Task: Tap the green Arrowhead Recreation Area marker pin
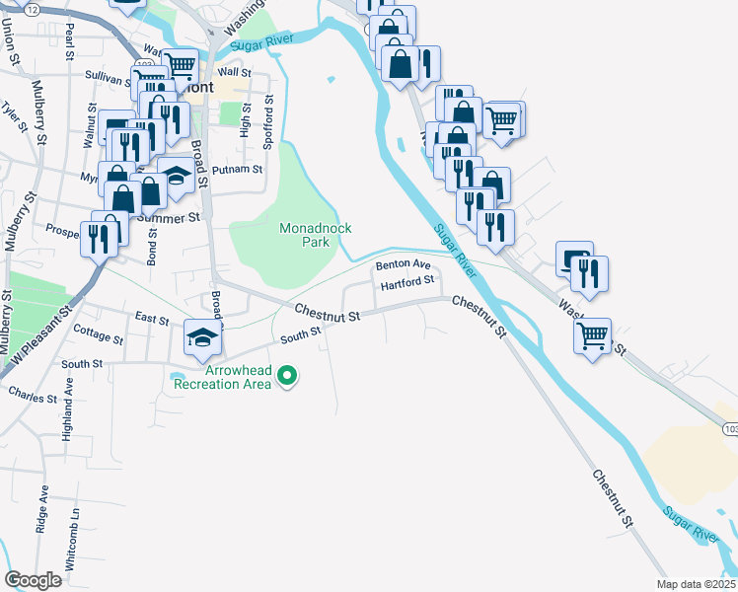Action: [x=287, y=375]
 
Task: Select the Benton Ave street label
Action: [x=402, y=264]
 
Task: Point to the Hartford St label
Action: [x=407, y=282]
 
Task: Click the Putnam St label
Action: [x=240, y=169]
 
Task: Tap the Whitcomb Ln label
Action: [x=71, y=544]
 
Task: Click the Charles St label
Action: [x=32, y=398]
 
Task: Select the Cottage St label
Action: [x=99, y=337]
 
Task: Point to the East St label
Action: [x=152, y=318]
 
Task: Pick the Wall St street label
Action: [x=234, y=72]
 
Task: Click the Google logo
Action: [x=34, y=580]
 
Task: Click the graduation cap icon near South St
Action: [x=202, y=338]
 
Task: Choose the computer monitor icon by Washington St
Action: [x=572, y=259]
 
